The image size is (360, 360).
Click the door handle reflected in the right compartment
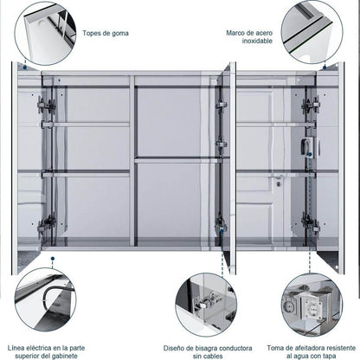(x=274, y=183)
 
